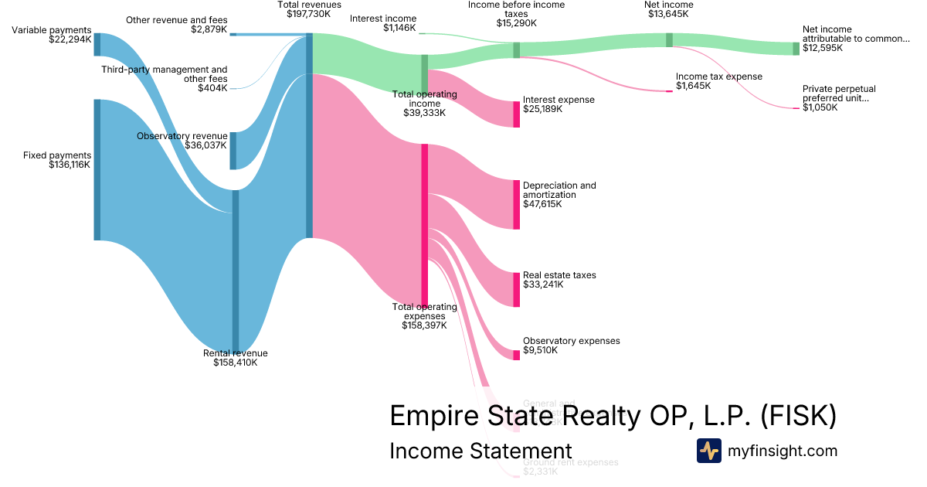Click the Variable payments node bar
pyautogui.click(x=97, y=44)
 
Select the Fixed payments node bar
pyautogui.click(x=97, y=169)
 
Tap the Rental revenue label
pyautogui.click(x=235, y=353)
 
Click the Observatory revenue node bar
pyautogui.click(x=233, y=151)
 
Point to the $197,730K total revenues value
pyautogui.click(x=309, y=15)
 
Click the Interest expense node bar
pyautogui.click(x=517, y=114)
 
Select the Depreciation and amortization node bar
pyautogui.click(x=517, y=204)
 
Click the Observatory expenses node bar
pyautogui.click(x=517, y=355)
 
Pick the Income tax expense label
pyautogui.click(x=718, y=77)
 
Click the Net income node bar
pyautogui.click(x=669, y=39)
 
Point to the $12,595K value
pyautogui.click(x=823, y=48)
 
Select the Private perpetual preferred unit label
pyautogui.click(x=839, y=94)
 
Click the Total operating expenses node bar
pyautogui.click(x=424, y=225)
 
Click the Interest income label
pyautogui.click(x=382, y=19)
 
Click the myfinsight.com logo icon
pyautogui.click(x=708, y=451)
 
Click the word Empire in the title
pyautogui.click(x=435, y=416)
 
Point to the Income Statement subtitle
pyautogui.click(x=480, y=451)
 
